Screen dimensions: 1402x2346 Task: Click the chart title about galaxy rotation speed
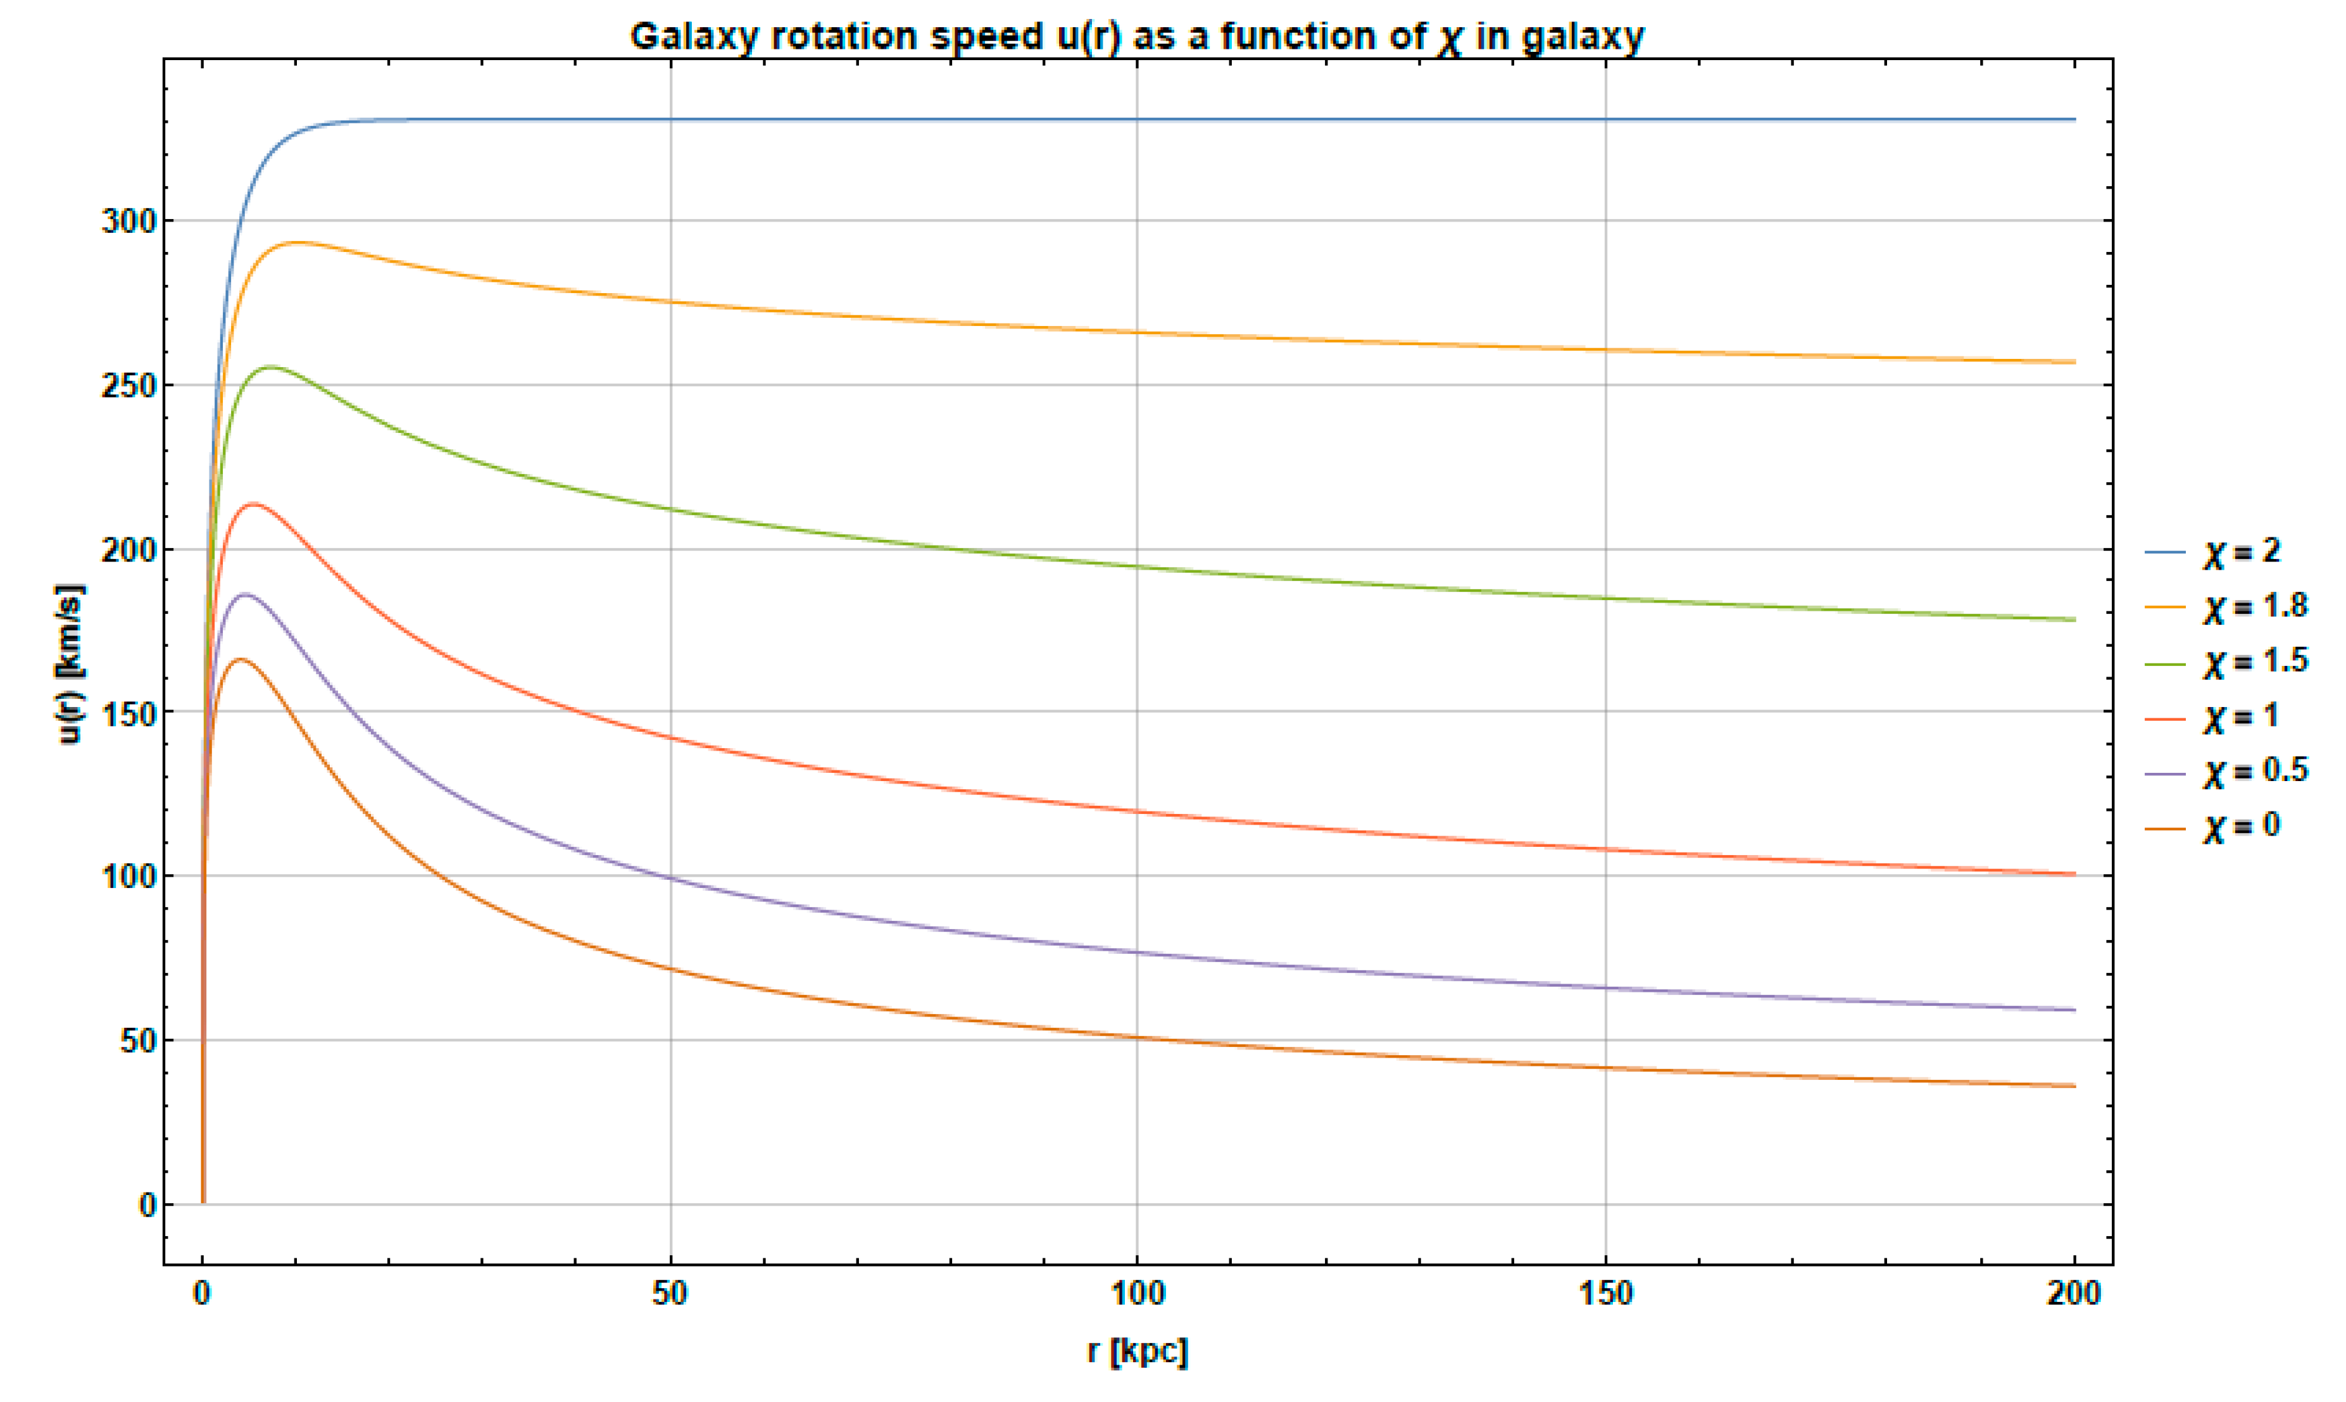click(x=1137, y=37)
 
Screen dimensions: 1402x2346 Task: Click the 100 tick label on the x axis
click(x=1137, y=1293)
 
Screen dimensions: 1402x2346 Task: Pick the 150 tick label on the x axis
click(x=1605, y=1293)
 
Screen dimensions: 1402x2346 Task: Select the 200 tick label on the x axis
click(x=2074, y=1293)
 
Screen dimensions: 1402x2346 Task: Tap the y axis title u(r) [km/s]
click(x=71, y=664)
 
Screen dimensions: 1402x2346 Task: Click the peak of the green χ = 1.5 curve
click(x=272, y=366)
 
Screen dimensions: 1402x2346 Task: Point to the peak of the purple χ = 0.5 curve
click(x=246, y=594)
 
